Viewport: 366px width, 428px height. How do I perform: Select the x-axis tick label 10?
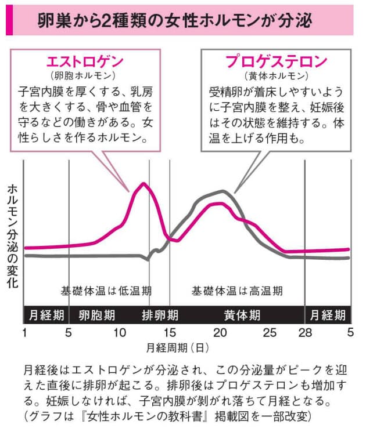pos(119,332)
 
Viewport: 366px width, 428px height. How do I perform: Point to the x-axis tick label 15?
pos(170,332)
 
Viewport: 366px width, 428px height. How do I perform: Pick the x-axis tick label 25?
pos(270,332)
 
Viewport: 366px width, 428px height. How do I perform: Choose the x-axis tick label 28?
pos(305,332)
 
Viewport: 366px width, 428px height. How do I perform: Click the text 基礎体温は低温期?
pos(106,291)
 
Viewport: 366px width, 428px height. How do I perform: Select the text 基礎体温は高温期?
pos(238,291)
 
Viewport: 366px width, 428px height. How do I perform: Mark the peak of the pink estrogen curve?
pos(142,184)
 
